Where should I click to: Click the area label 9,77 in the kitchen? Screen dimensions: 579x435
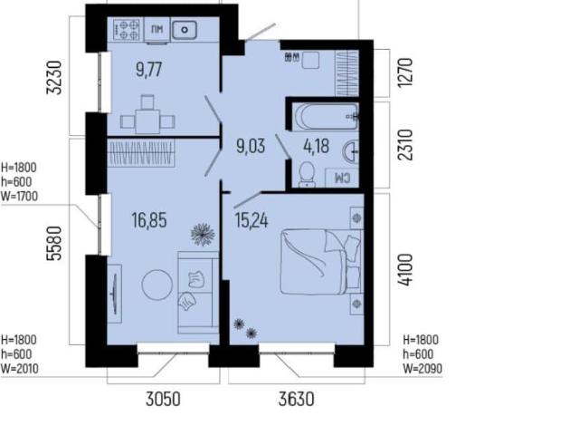click(x=149, y=70)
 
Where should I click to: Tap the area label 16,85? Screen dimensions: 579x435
click(x=149, y=220)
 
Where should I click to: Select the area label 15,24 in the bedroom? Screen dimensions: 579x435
click(x=252, y=221)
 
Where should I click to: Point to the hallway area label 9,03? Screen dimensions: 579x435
click(x=251, y=146)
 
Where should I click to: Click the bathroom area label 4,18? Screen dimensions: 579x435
click(x=316, y=146)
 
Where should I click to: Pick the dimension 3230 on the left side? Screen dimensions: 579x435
click(x=54, y=77)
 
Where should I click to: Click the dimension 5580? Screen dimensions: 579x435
click(x=54, y=244)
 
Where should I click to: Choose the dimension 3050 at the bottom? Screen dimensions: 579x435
click(x=163, y=400)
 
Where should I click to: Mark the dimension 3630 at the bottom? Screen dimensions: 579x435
click(x=297, y=400)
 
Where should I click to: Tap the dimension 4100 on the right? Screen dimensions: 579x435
click(x=405, y=269)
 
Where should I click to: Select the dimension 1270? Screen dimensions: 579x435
click(x=404, y=72)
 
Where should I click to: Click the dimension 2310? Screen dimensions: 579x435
click(x=405, y=145)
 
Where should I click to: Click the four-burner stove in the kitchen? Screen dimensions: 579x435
click(x=128, y=30)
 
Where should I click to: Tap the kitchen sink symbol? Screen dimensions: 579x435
click(x=185, y=30)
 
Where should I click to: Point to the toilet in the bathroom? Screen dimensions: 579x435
click(x=307, y=174)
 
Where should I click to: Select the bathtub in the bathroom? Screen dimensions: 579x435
click(x=326, y=117)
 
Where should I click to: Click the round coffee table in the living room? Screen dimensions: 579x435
click(x=157, y=285)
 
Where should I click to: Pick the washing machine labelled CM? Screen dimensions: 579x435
click(x=342, y=178)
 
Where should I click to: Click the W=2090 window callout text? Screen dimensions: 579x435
click(x=422, y=369)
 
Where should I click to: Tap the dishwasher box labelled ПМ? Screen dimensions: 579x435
click(x=157, y=30)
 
